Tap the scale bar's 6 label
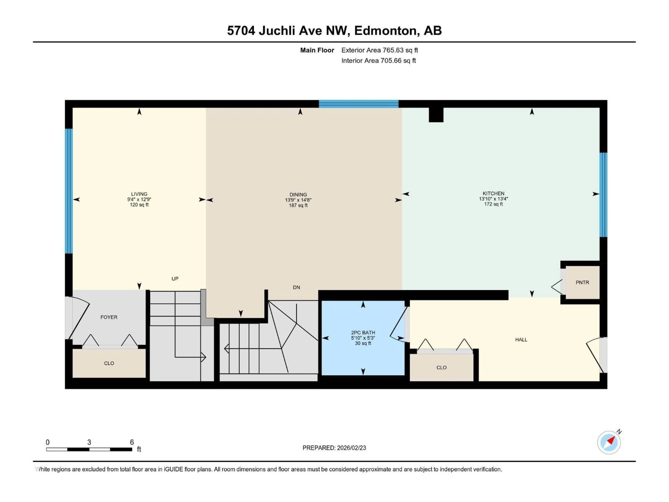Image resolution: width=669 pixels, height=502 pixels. [x=132, y=442]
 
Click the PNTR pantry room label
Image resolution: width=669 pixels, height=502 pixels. [x=582, y=282]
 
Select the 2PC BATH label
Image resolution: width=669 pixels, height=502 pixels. [x=363, y=333]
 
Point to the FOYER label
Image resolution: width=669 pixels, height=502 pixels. [x=109, y=317]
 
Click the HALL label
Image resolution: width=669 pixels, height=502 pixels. [x=521, y=340]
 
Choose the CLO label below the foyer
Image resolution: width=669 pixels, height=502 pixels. [x=109, y=363]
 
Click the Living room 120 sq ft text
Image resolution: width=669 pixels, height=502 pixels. [x=139, y=205]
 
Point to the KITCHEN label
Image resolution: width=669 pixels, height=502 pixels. [x=493, y=193]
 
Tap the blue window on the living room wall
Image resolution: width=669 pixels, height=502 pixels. [x=69, y=191]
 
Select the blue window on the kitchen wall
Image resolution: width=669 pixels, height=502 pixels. [x=603, y=195]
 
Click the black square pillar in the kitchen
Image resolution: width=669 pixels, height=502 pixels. [x=436, y=115]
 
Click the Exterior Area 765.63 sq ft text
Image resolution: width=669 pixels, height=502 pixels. [x=380, y=50]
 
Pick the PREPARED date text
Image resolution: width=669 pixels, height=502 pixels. [x=334, y=448]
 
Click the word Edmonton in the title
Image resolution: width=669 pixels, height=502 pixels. [x=387, y=31]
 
